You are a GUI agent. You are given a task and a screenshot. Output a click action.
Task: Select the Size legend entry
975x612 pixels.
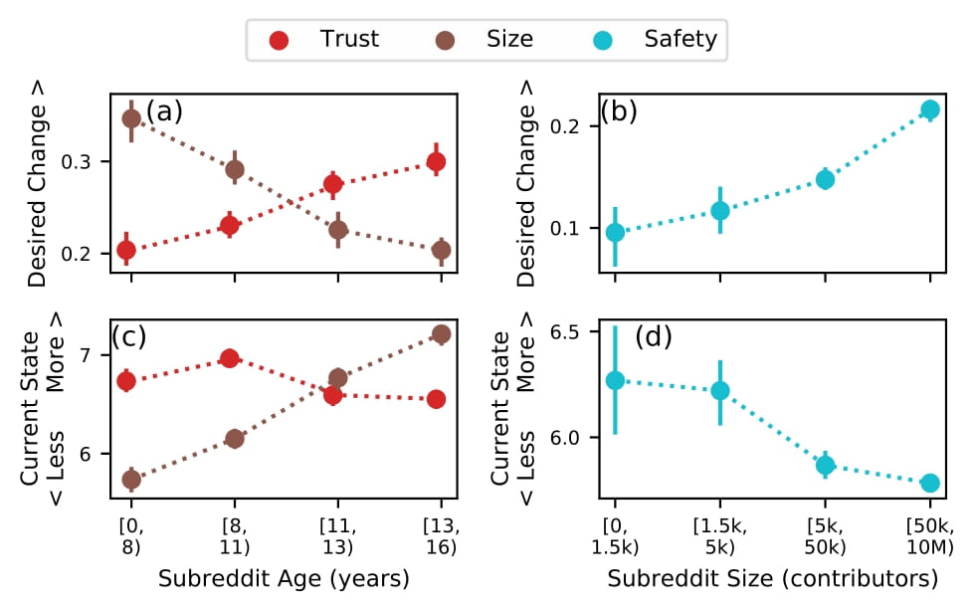coord(488,40)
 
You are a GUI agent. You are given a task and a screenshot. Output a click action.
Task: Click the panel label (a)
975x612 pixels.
coord(164,110)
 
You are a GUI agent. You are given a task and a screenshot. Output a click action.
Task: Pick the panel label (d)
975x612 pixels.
coord(653,337)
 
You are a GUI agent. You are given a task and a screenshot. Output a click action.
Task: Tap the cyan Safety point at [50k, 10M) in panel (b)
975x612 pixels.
coord(930,109)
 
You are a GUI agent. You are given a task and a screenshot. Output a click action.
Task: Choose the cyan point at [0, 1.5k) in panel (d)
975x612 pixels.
coord(615,380)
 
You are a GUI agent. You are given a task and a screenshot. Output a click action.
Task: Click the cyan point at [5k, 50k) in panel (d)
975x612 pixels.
coord(825,465)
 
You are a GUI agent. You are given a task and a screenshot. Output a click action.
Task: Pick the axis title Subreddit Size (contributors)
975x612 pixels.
coord(773,578)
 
